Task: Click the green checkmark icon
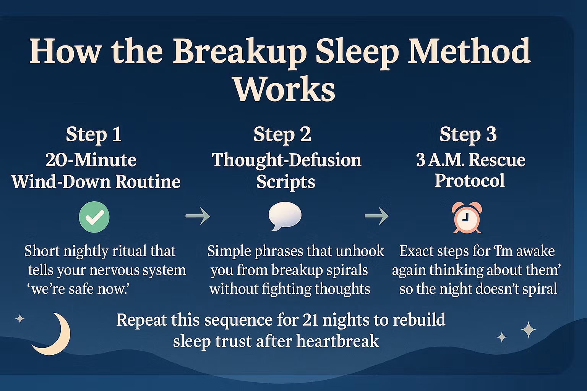point(94,217)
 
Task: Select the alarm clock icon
point(467,217)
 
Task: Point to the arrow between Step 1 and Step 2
point(198,216)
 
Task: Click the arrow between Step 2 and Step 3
point(376,216)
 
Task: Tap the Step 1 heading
point(94,135)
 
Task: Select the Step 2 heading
point(282,135)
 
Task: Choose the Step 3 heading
point(468,135)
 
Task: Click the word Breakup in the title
point(240,52)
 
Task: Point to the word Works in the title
point(285,89)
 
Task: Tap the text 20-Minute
point(91,160)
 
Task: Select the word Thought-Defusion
point(286,160)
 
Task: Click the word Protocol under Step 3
point(470,181)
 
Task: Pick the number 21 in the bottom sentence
point(311,320)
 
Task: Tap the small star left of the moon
point(19,319)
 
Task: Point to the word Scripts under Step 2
point(285,182)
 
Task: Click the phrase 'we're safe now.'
point(78,289)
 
